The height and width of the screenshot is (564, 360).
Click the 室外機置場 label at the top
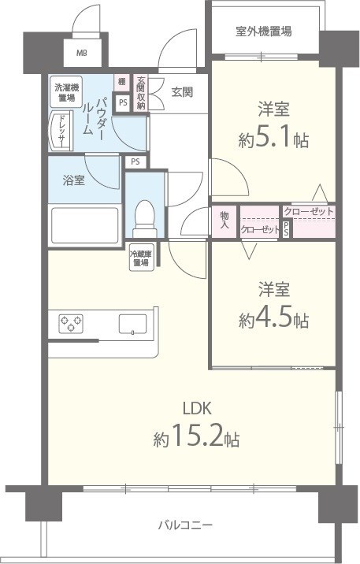(264, 32)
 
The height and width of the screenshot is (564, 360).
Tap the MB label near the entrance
(82, 54)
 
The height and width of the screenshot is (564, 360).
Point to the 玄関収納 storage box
(141, 92)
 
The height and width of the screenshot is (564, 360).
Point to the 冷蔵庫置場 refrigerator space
(141, 258)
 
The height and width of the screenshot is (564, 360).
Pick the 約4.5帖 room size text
(273, 319)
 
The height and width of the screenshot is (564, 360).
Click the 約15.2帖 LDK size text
(198, 436)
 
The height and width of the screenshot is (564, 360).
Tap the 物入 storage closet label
(225, 221)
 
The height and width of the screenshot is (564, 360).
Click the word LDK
(197, 408)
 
